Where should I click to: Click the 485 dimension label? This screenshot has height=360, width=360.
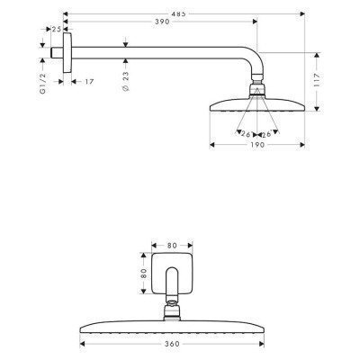tap(180, 13)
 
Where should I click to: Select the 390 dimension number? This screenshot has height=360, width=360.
tap(162, 22)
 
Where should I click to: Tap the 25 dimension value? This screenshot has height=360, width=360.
tap(57, 29)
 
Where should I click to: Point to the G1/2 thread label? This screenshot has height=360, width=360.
tap(43, 83)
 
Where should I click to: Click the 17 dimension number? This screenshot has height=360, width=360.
tap(88, 82)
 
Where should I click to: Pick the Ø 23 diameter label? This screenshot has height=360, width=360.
tap(126, 81)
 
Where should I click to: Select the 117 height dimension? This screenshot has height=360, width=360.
tap(317, 80)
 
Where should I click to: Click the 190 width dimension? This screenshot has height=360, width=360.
tap(257, 145)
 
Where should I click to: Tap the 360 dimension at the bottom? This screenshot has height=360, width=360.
tap(172, 344)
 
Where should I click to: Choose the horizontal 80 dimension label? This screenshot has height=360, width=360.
tap(172, 246)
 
